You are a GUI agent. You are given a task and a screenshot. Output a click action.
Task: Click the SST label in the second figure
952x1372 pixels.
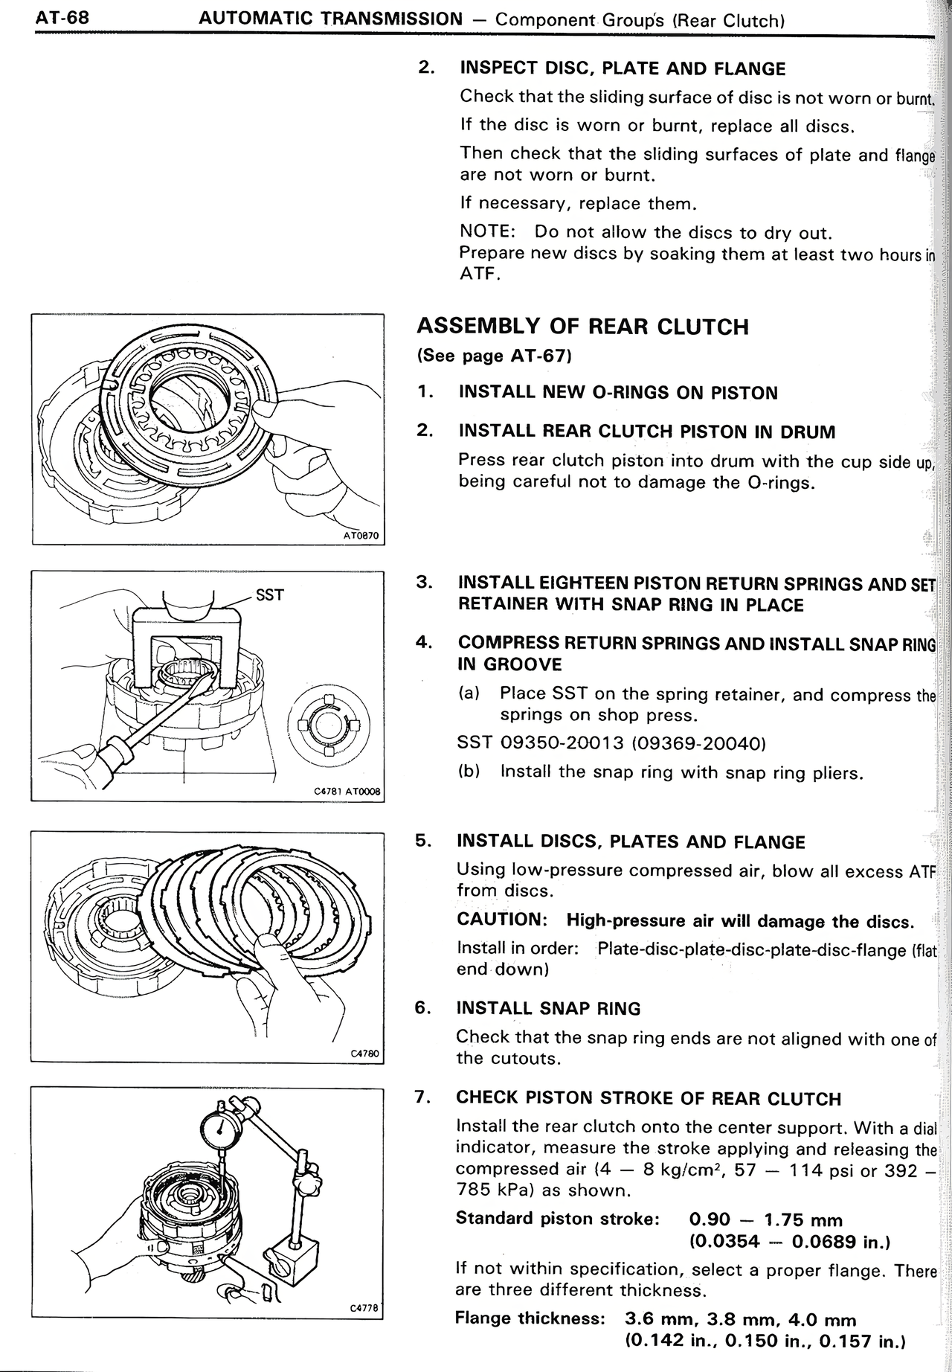pos(268,595)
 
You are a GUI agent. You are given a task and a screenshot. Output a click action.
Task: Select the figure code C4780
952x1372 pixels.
pos(364,1054)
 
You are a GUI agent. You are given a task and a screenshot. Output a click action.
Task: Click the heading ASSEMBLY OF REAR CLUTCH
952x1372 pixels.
pos(582,327)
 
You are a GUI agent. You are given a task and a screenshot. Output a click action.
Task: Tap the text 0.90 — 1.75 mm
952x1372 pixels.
pos(766,1220)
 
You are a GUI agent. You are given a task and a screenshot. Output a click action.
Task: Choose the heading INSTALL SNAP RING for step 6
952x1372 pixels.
pos(548,1009)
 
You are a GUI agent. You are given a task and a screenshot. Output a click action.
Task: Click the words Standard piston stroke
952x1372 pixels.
pos(557,1218)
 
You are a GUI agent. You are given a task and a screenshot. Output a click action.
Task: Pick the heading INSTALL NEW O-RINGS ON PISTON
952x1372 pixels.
pos(618,393)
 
